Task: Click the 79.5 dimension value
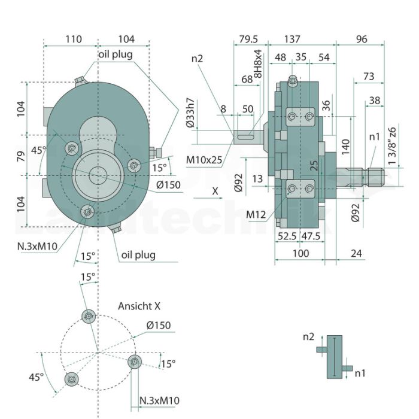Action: tap(248, 39)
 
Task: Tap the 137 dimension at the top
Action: tap(292, 39)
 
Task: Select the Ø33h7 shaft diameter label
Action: tap(190, 113)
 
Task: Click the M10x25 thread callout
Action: tap(204, 160)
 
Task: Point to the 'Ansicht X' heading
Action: tap(139, 306)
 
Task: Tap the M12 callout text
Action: tap(256, 214)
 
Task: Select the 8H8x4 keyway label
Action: tap(258, 63)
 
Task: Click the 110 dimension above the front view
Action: tap(74, 39)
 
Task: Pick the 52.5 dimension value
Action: tap(287, 236)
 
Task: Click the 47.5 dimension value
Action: tap(311, 236)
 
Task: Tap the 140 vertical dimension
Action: tap(345, 147)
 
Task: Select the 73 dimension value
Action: tap(369, 77)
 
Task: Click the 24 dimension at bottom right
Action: tap(357, 253)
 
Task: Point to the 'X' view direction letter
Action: tap(215, 192)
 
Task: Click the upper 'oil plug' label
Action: tap(116, 54)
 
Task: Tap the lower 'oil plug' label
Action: tap(138, 255)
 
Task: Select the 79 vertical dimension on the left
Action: tap(21, 156)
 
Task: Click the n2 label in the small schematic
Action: tap(308, 337)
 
